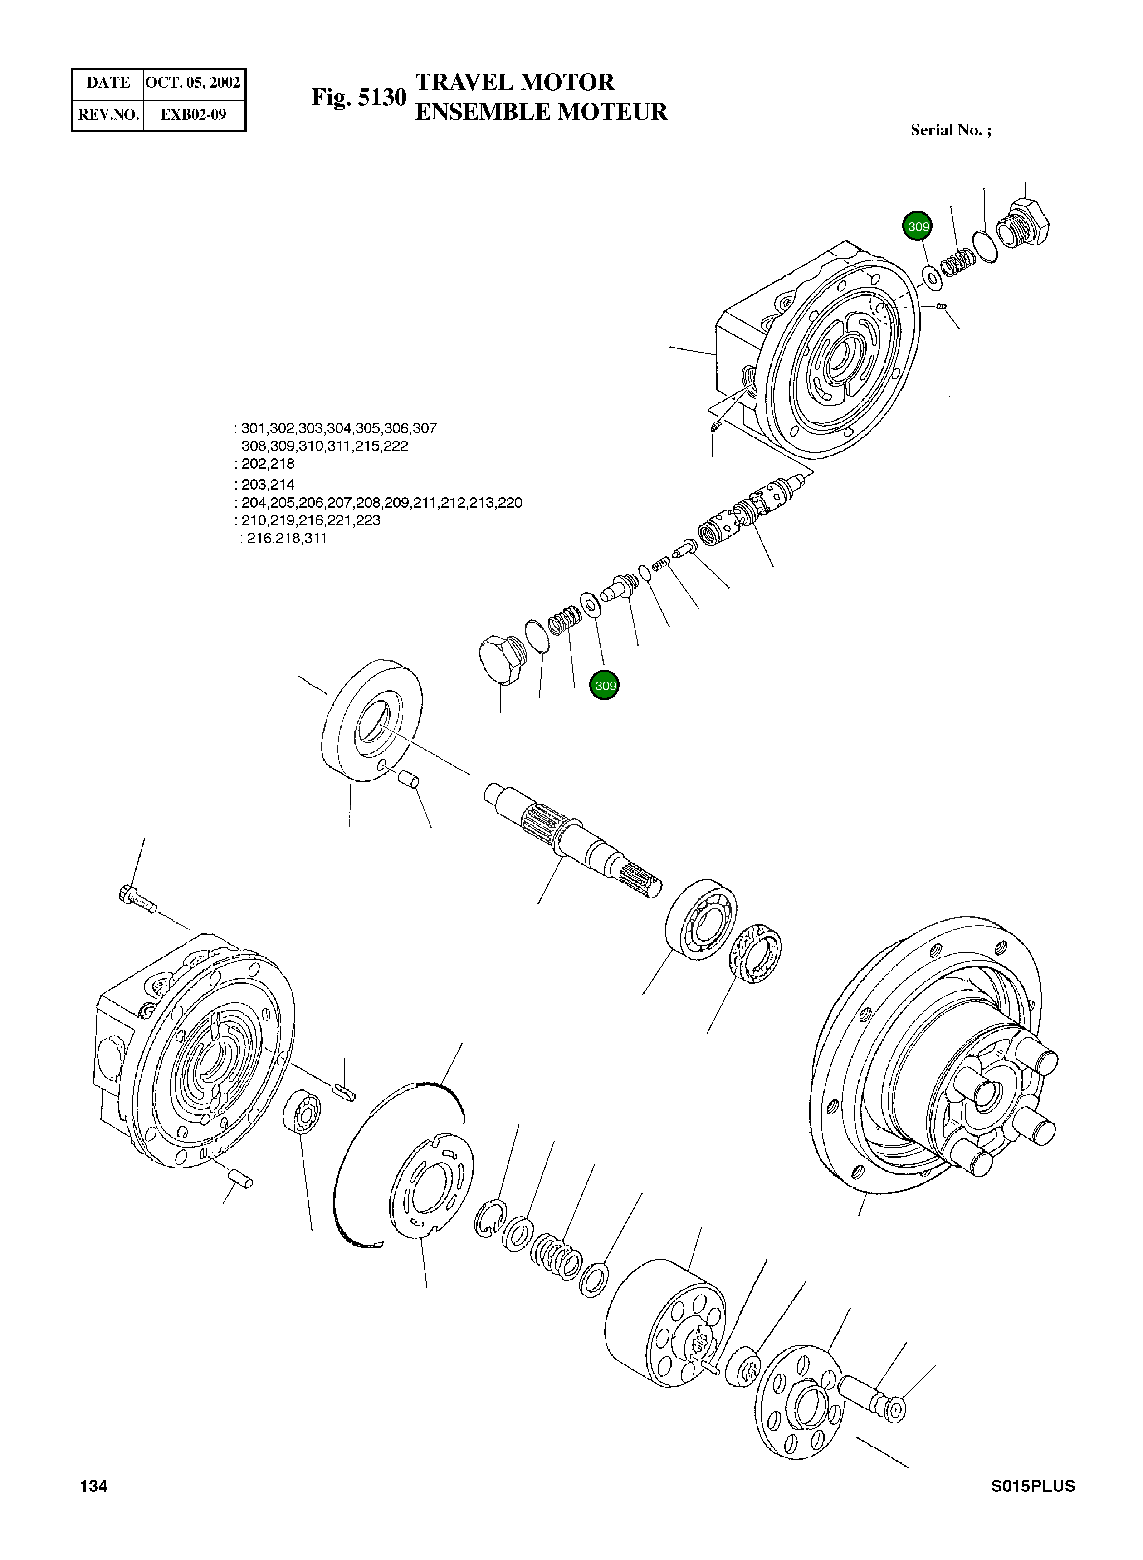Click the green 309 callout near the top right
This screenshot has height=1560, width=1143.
pos(918,226)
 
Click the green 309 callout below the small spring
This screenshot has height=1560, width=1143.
pos(605,686)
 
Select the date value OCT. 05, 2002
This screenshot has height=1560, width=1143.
pos(193,83)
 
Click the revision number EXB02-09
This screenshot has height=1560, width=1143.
pos(193,114)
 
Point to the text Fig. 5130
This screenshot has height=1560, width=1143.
pos(358,98)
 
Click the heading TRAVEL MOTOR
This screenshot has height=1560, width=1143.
pos(515,83)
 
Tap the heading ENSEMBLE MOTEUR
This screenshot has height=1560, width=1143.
pos(541,112)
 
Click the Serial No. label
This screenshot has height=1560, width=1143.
pos(951,130)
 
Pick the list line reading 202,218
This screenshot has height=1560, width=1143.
pos(268,464)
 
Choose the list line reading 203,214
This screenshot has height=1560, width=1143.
pos(268,485)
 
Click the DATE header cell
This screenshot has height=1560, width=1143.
pos(108,83)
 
